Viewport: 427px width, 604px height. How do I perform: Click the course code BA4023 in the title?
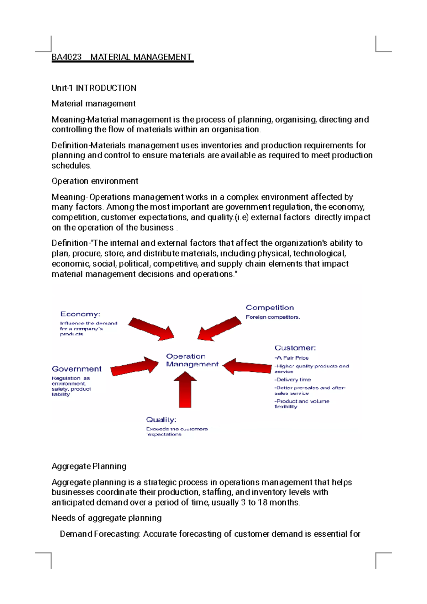[x=67, y=57]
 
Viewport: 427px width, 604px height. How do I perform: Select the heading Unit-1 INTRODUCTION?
[x=94, y=88]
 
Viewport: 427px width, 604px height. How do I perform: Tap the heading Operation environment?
[x=95, y=181]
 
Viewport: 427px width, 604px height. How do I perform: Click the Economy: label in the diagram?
[x=80, y=314]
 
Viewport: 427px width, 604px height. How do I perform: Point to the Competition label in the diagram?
[x=270, y=308]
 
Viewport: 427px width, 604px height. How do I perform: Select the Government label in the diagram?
[x=77, y=369]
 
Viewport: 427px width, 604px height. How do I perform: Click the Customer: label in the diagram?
[x=295, y=348]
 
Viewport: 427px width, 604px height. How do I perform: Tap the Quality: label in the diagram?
[x=161, y=420]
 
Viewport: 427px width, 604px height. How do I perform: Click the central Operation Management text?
[x=192, y=360]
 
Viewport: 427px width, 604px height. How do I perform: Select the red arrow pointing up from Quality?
[x=185, y=390]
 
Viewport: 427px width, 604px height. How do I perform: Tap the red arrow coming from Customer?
[x=247, y=366]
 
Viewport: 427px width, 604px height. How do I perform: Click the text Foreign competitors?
[x=273, y=317]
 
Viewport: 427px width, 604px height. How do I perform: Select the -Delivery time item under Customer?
[x=292, y=380]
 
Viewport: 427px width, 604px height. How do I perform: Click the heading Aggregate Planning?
[x=89, y=466]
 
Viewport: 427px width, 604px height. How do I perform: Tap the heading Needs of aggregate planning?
[x=106, y=518]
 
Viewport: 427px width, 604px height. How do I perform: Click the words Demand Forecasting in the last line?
[x=100, y=534]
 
